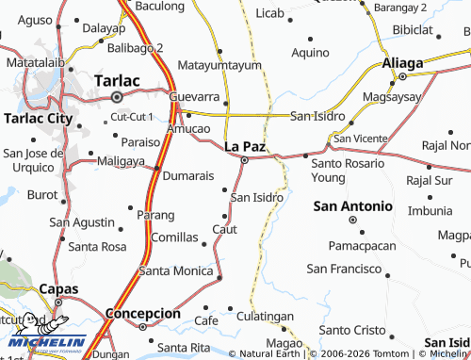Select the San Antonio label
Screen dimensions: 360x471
(x=352, y=205)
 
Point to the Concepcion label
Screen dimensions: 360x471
(x=142, y=313)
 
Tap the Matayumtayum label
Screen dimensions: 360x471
(x=218, y=66)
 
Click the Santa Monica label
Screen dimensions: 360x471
(x=176, y=270)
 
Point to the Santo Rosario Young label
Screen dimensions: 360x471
(x=346, y=170)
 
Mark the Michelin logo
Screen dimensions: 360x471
(x=42, y=335)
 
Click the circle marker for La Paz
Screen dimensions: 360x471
(x=245, y=160)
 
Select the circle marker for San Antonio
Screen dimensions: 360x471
(x=352, y=220)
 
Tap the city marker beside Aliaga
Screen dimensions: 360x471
(x=402, y=75)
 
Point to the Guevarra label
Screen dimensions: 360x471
(x=194, y=97)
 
